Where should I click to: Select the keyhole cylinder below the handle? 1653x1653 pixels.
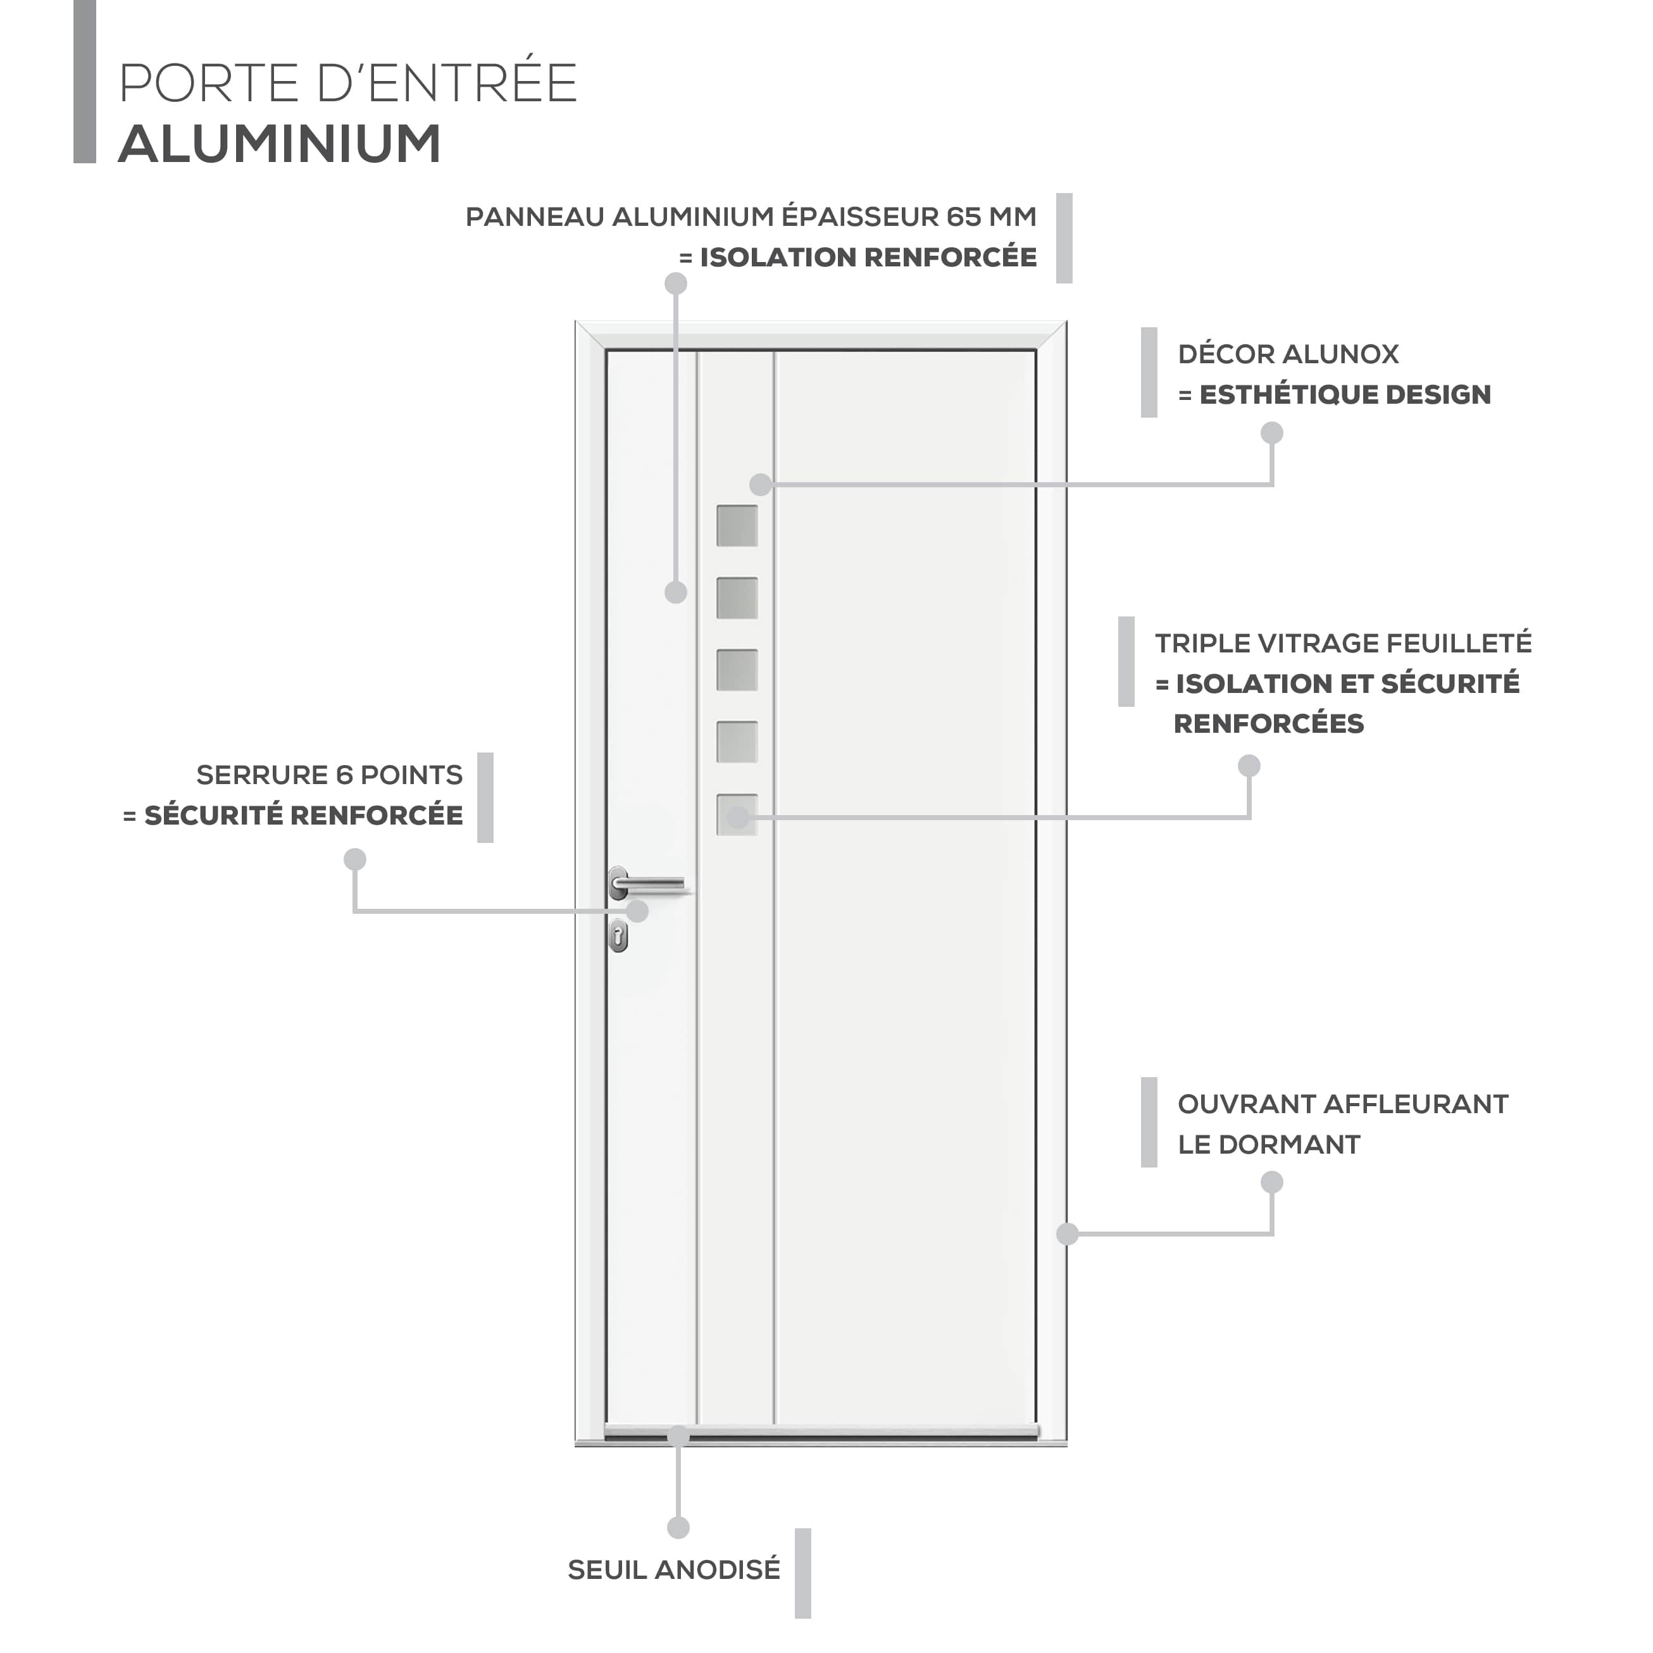pos(618,937)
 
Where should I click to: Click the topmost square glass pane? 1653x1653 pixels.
pos(737,525)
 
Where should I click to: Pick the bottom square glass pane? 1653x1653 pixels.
pos(737,814)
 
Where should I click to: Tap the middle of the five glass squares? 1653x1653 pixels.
pos(737,670)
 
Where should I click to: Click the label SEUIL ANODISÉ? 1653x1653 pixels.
pos(674,1570)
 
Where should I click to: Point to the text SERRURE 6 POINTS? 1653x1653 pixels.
pos(330,775)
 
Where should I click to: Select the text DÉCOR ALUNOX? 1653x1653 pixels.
pos(1288,354)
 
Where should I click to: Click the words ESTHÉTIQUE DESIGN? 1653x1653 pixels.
pos(1345,394)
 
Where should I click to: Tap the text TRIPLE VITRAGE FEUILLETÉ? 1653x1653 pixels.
pos(1344,644)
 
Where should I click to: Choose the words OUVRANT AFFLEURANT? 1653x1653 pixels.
pos(1342,1104)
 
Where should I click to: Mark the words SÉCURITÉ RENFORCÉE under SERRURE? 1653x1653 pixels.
pos(303,815)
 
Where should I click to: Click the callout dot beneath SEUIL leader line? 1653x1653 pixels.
pos(678,1527)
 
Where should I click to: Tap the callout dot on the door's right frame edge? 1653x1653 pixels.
pos(1067,1234)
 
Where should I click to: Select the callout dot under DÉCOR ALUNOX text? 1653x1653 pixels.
pos(1272,433)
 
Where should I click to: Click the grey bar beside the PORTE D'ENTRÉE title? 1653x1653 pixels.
pos(85,81)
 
